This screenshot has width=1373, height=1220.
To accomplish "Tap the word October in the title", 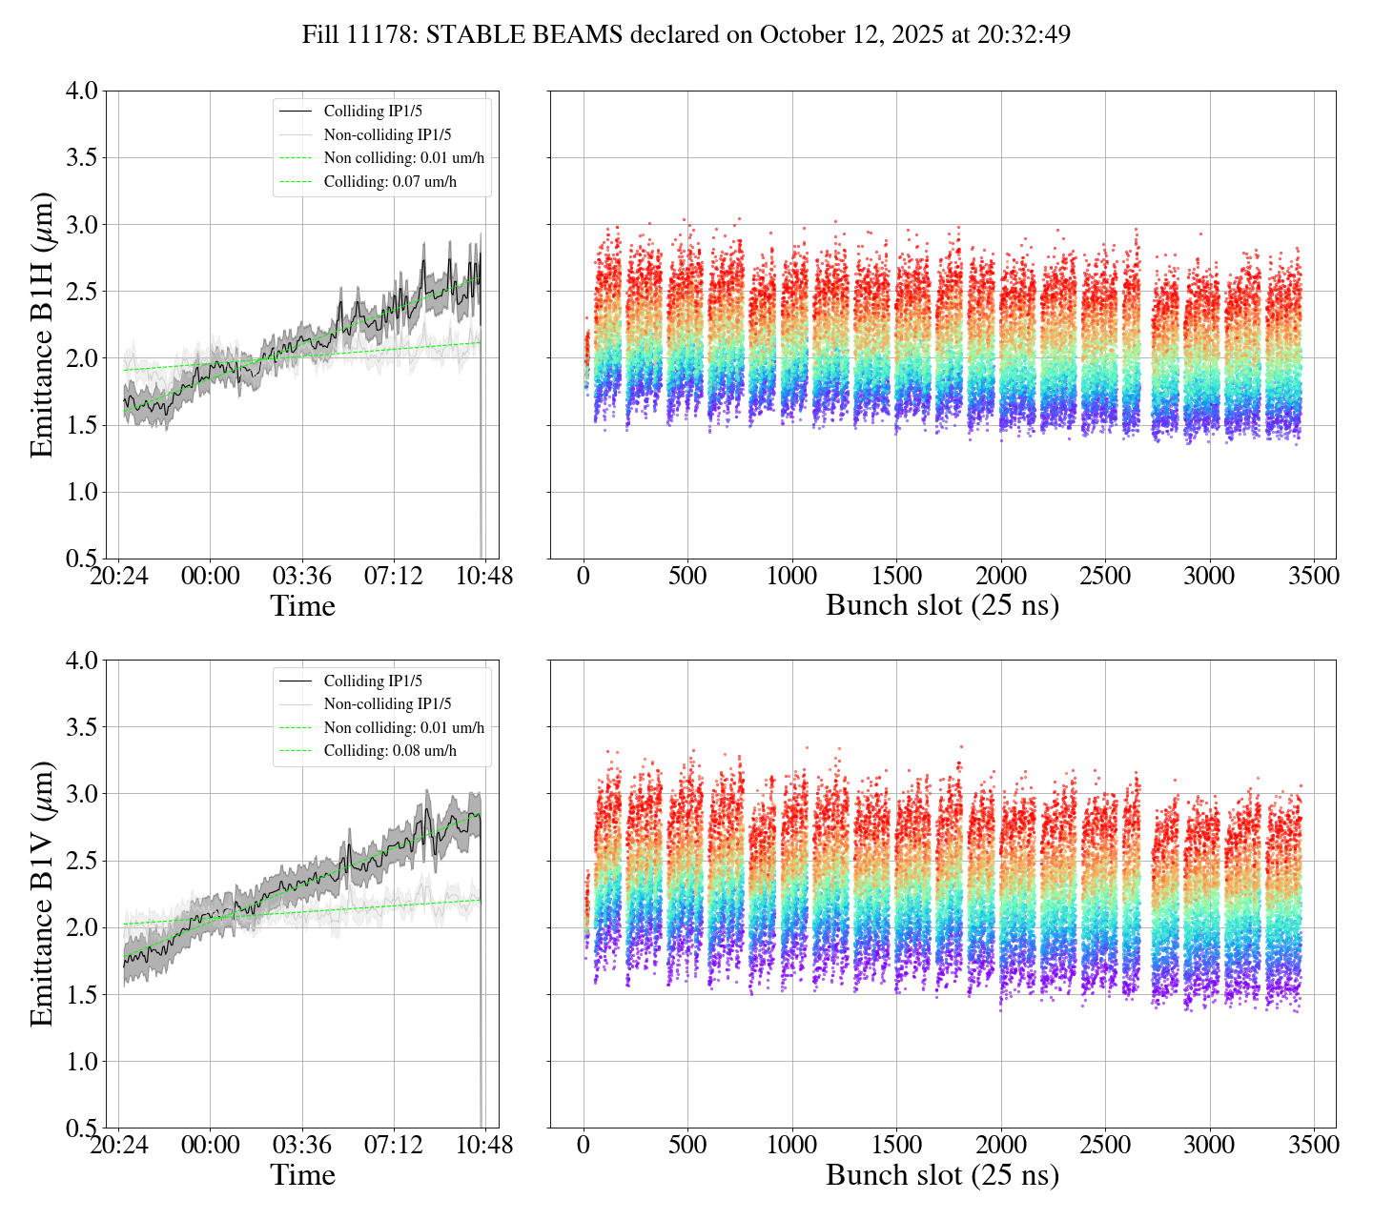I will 795,35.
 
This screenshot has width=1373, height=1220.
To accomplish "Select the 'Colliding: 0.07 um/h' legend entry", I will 390,182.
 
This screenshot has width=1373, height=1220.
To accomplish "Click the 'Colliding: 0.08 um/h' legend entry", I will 390,751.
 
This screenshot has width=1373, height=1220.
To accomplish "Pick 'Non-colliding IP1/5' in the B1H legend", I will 387,134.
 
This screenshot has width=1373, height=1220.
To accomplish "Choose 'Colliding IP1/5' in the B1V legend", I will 373,681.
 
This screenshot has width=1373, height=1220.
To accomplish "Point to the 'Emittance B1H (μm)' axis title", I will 42,324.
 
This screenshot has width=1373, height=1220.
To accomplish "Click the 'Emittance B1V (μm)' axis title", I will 42,893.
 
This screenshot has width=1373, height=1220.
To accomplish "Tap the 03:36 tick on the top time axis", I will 302,577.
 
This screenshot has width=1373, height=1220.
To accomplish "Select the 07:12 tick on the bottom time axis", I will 394,1146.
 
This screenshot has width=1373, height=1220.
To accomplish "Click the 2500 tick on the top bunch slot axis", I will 1104,577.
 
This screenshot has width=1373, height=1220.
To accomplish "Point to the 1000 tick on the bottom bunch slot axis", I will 792,1146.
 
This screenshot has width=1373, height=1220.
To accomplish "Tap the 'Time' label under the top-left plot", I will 302,606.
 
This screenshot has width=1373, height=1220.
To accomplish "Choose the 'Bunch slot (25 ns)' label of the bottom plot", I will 942,1175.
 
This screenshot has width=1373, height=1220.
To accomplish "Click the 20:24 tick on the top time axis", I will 119,577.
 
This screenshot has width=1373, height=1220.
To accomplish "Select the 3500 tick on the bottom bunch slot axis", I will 1313,1146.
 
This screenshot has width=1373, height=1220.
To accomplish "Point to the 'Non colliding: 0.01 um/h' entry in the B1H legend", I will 403,158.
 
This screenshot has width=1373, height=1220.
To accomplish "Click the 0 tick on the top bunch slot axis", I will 584,577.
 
